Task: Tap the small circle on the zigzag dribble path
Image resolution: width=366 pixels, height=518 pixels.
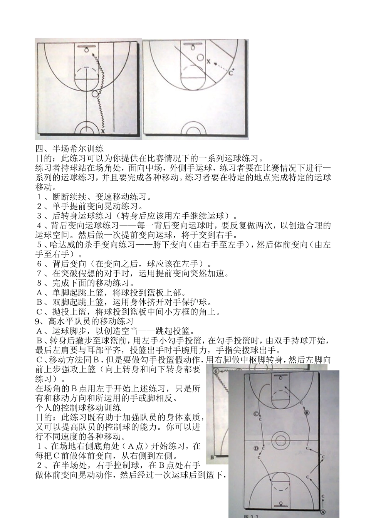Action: (95, 94)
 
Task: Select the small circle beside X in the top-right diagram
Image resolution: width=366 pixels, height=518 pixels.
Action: (200, 57)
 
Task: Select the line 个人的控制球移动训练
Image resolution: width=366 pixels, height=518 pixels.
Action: (78, 408)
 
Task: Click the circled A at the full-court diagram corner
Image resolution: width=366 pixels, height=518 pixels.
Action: (322, 512)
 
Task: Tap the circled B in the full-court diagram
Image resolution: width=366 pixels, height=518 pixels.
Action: (307, 413)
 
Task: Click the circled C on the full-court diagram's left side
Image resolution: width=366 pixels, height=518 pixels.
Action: (256, 414)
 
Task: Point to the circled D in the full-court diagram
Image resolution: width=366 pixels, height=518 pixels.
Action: (256, 448)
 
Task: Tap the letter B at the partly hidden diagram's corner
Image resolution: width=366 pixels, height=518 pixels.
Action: (212, 458)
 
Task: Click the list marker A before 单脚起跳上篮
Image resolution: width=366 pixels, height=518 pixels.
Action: (39, 293)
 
